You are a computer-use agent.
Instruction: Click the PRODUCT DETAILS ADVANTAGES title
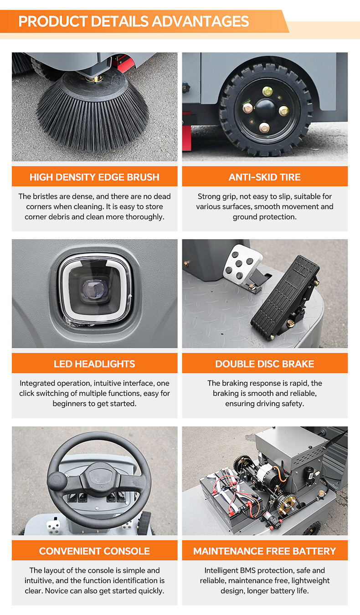tap(134, 21)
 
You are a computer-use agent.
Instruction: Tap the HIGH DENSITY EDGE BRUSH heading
tap(94, 177)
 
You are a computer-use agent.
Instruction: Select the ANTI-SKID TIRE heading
tap(265, 177)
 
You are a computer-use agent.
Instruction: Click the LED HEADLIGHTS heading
tap(94, 364)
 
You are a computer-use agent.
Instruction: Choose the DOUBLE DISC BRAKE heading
tap(265, 364)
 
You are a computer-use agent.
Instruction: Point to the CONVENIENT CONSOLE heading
tap(94, 551)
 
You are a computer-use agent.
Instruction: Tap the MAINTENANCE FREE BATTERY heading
tap(265, 551)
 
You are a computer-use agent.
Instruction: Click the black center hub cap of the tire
tap(265, 108)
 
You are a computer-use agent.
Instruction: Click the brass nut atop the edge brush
tap(94, 79)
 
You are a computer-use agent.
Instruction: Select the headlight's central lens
tap(94, 290)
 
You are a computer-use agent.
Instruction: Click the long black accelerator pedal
tap(285, 298)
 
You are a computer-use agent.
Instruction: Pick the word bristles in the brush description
tap(46, 196)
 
